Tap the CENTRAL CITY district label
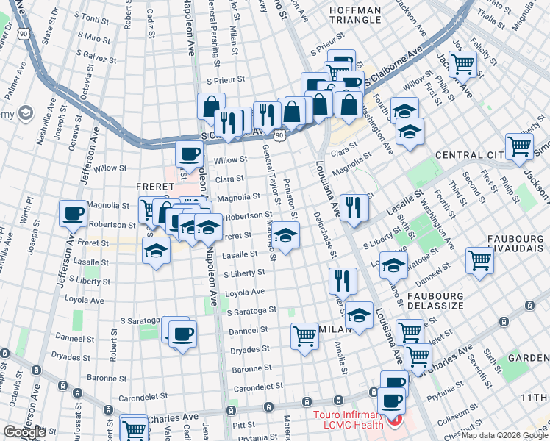468,155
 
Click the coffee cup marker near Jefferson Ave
74,214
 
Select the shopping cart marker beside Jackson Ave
463,64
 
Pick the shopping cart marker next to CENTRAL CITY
519,146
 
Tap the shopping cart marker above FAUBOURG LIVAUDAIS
479,259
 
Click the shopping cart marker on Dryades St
305,336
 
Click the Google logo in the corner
24,432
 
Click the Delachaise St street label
326,243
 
